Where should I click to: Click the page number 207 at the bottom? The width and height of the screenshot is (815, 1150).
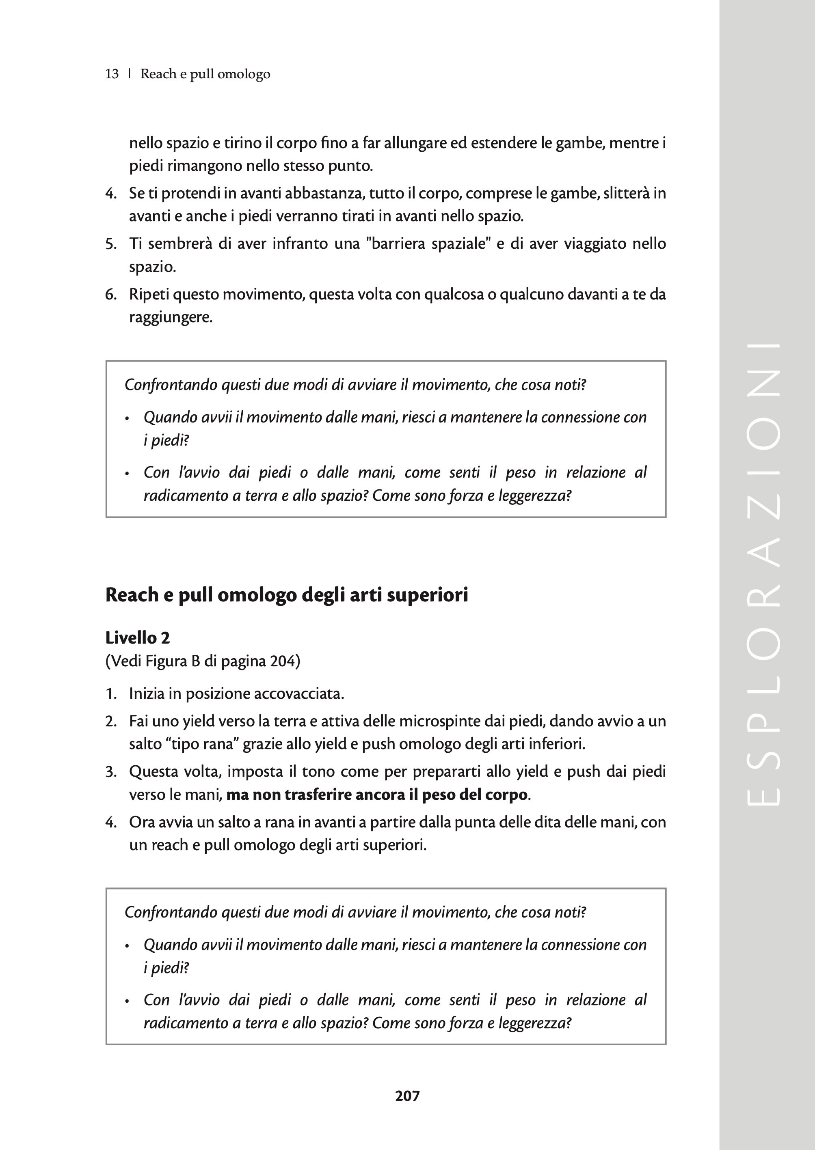tap(407, 1096)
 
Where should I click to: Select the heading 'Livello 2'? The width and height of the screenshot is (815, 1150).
tap(138, 638)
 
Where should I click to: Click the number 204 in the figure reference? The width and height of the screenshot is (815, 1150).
tap(282, 661)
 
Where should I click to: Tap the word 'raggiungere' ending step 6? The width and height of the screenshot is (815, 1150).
tap(171, 317)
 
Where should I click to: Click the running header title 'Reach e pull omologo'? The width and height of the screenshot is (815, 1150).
tap(205, 74)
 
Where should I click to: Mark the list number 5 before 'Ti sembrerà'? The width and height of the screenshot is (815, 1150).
tap(110, 244)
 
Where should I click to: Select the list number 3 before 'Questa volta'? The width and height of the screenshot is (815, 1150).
tap(110, 771)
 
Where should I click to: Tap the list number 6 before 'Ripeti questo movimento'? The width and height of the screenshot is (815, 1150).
tap(110, 294)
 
